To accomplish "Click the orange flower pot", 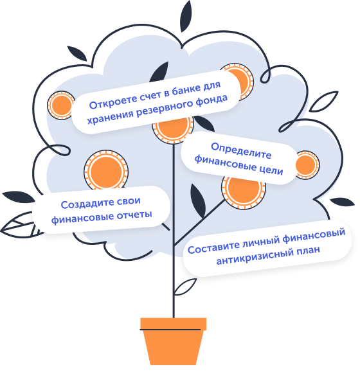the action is tap(173, 341).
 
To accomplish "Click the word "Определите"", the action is tap(241, 151).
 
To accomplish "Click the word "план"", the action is tap(307, 251).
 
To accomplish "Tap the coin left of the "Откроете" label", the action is tap(60, 105).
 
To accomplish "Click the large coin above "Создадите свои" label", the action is tap(106, 172).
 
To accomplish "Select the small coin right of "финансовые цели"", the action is tap(307, 165).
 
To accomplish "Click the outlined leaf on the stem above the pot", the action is tap(184, 287).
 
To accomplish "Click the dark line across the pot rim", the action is tap(170, 330).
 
